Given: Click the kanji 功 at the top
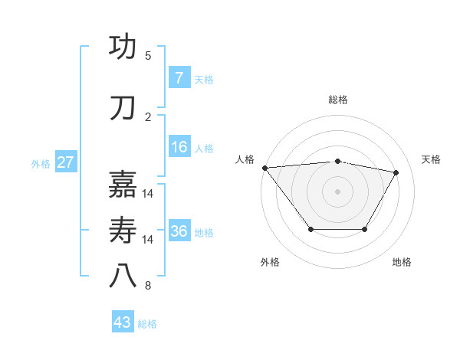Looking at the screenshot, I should (x=124, y=47).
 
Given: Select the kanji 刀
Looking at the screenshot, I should (x=124, y=108).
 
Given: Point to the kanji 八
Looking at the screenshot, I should (x=124, y=277).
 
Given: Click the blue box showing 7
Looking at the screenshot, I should (x=179, y=78).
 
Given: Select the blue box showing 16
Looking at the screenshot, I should (x=179, y=147).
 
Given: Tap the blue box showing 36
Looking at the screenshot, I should (x=179, y=231).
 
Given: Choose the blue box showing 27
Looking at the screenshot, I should (x=66, y=162).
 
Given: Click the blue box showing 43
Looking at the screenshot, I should (x=123, y=322).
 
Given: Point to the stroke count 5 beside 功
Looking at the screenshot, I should (x=148, y=56).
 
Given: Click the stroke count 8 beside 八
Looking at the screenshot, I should (x=148, y=286).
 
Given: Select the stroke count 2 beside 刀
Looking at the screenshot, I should (x=148, y=116).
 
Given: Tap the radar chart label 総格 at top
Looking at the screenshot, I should (x=338, y=100).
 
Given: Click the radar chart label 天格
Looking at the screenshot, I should (x=432, y=159).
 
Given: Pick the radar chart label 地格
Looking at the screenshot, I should (x=402, y=262).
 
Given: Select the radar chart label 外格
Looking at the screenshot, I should (x=270, y=262).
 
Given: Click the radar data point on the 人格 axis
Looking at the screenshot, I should (x=264, y=168).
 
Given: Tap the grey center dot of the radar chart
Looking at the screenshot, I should (x=337, y=191).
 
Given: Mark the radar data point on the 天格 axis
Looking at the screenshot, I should (x=396, y=172).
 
